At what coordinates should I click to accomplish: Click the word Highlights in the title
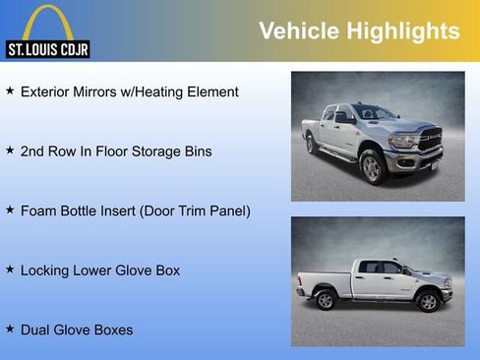[405, 31]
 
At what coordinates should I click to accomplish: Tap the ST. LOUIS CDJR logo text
[47, 48]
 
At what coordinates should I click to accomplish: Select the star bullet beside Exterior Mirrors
[10, 90]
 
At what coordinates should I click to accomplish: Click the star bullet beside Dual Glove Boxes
[10, 329]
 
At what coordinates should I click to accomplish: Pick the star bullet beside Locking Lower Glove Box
[10, 269]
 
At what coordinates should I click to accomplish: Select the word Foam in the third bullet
[38, 210]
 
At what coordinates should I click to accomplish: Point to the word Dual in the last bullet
[36, 330]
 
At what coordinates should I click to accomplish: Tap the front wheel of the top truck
[373, 167]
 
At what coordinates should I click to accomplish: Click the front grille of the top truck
[430, 142]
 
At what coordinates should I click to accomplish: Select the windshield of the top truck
[373, 113]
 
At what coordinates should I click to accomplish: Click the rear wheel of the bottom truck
[326, 300]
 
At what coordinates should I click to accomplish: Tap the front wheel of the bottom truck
[427, 300]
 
